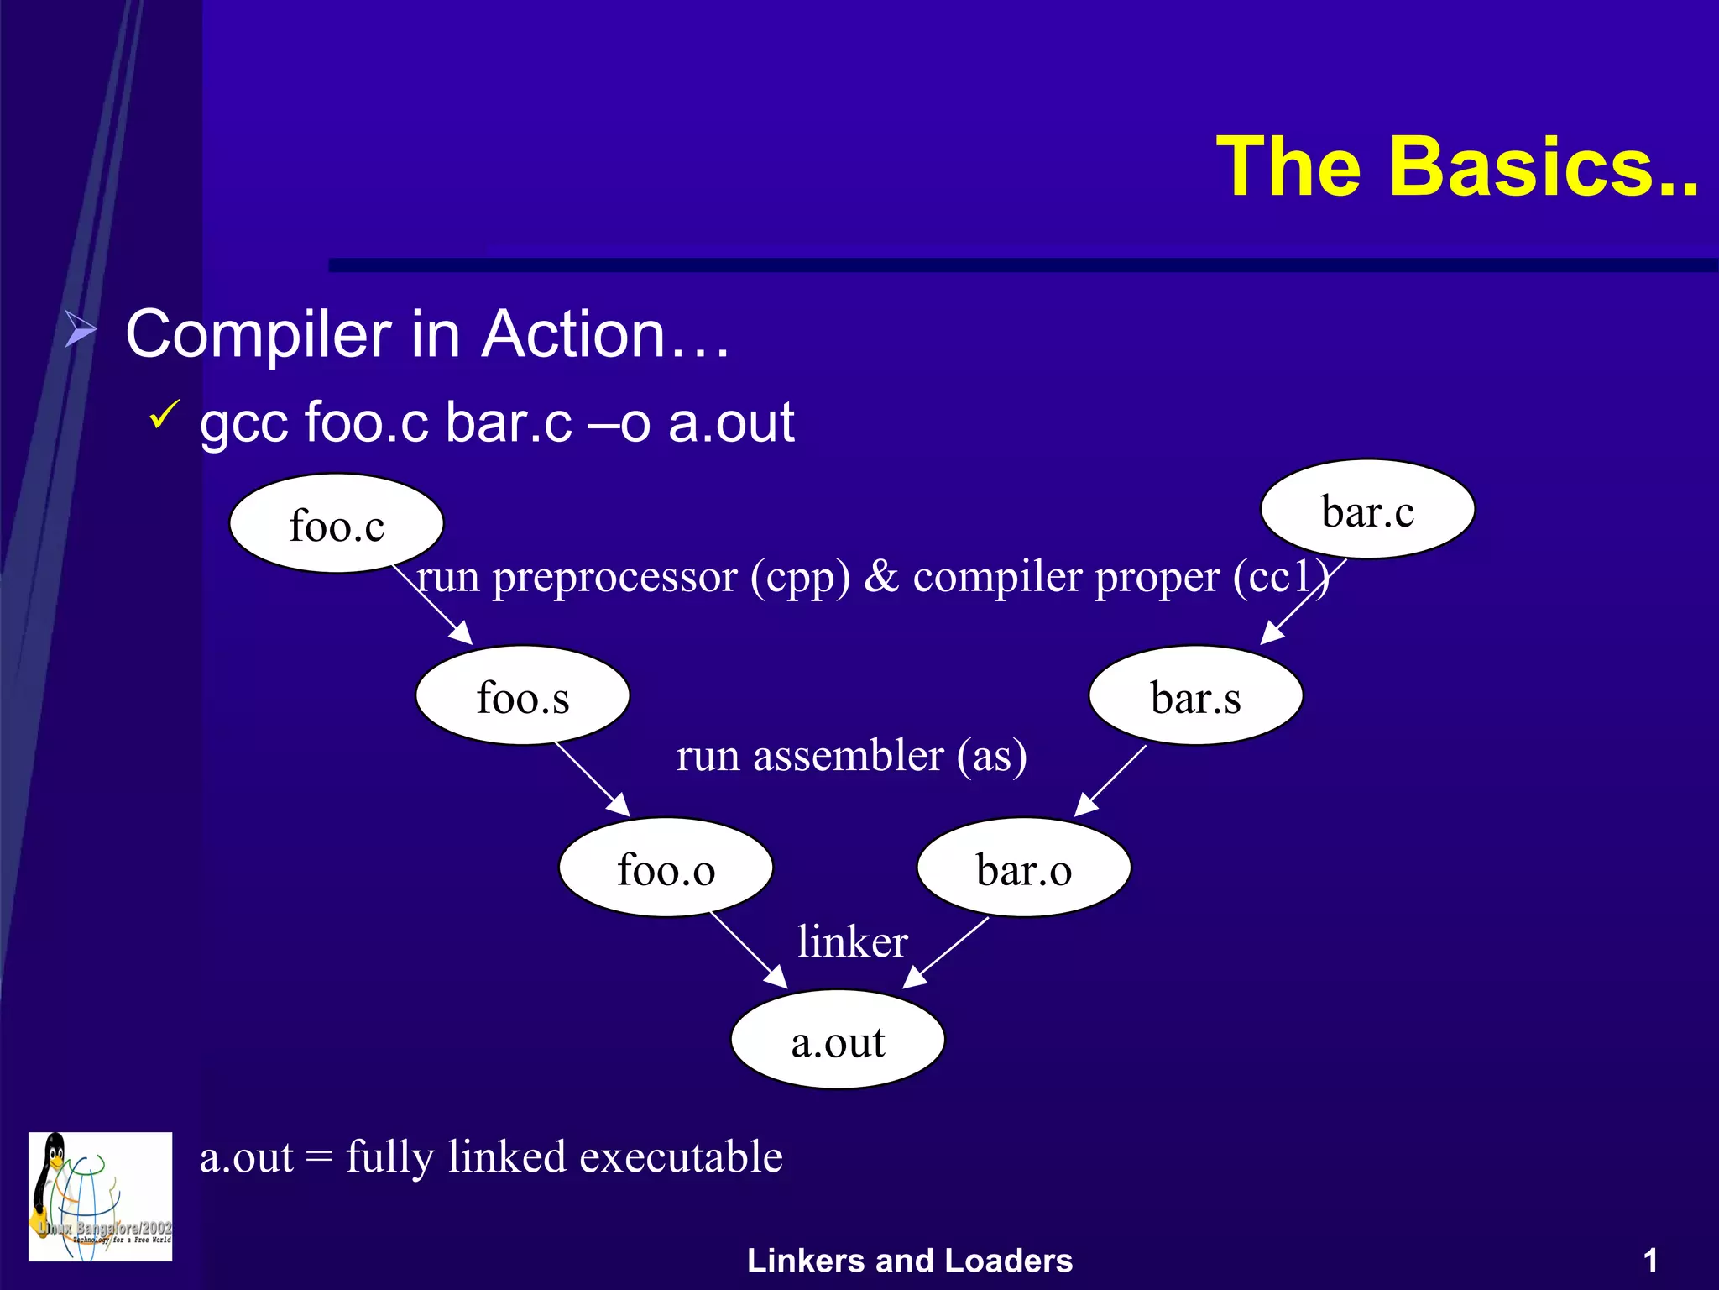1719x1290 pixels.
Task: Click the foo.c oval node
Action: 336,524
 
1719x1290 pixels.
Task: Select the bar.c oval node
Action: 1367,510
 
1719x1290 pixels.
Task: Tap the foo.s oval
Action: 522,696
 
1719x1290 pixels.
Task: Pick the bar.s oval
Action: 1195,696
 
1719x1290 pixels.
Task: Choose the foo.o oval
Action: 666,868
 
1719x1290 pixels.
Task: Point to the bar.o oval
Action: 1023,868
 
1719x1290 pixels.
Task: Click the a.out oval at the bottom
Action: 838,1041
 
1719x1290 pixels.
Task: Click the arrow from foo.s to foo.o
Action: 592,780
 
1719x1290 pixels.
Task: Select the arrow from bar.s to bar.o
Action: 1110,780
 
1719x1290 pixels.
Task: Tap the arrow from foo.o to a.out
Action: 748,951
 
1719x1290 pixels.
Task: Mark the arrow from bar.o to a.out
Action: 946,952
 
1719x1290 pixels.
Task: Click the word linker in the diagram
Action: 852,941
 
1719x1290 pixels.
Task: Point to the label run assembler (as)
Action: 851,755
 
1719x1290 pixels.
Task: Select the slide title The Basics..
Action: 1456,167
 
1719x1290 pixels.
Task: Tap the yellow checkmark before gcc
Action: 164,415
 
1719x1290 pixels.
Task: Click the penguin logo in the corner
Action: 100,1196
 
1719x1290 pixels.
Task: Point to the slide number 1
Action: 1649,1261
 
